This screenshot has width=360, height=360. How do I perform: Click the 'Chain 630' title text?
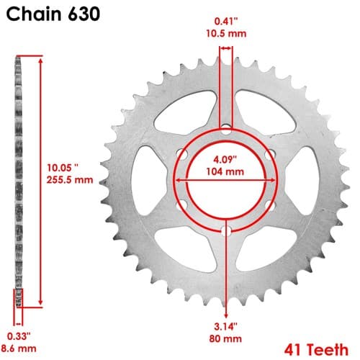pyautogui.click(x=53, y=14)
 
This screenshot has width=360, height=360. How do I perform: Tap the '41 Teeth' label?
pyautogui.click(x=316, y=350)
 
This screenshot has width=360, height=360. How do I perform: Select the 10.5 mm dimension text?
pyautogui.click(x=226, y=34)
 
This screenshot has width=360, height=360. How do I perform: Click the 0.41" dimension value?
pyautogui.click(x=226, y=22)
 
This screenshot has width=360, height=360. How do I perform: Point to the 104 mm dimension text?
pyautogui.click(x=225, y=171)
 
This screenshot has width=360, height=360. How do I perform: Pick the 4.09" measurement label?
pyautogui.click(x=225, y=160)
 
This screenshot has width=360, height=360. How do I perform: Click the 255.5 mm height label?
pyautogui.click(x=70, y=180)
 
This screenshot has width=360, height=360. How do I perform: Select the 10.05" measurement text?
pyautogui.click(x=63, y=168)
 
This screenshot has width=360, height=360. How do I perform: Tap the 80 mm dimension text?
pyautogui.click(x=225, y=338)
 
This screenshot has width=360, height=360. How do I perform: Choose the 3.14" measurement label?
pyautogui.click(x=225, y=326)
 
